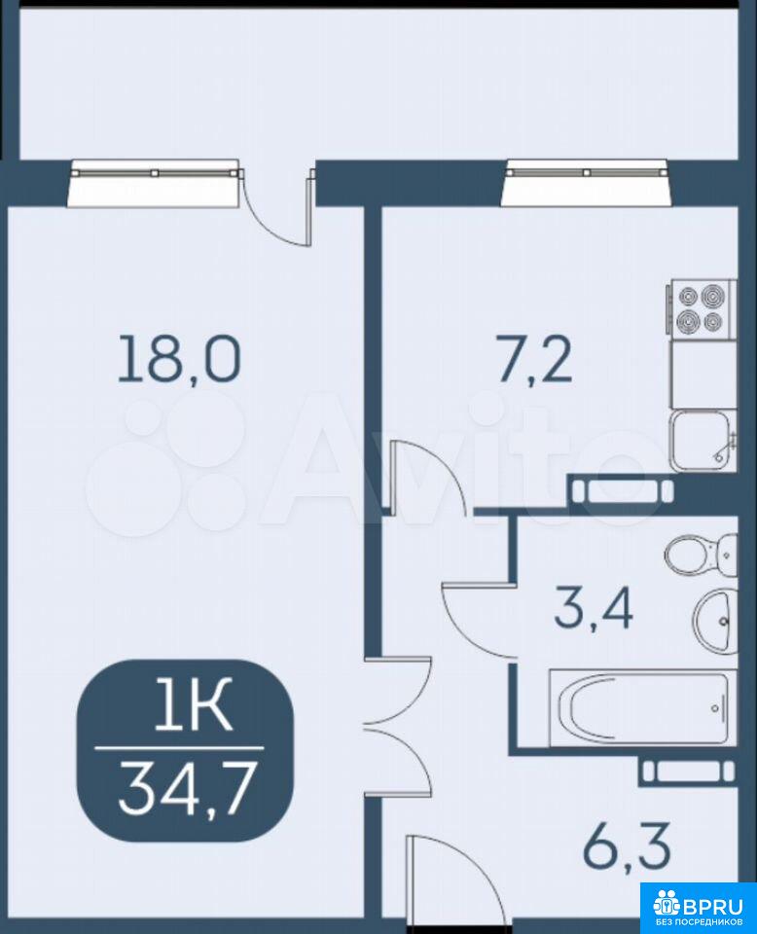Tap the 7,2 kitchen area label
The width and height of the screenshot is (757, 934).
point(535,359)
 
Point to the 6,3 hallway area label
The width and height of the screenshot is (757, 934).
point(627,845)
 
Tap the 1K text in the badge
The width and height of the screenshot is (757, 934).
point(193,706)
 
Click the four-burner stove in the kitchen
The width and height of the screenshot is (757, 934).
point(702,309)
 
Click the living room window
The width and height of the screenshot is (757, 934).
point(154,183)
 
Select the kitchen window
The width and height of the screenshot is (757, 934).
point(587,182)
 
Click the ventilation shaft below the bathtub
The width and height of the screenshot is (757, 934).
point(687,772)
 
